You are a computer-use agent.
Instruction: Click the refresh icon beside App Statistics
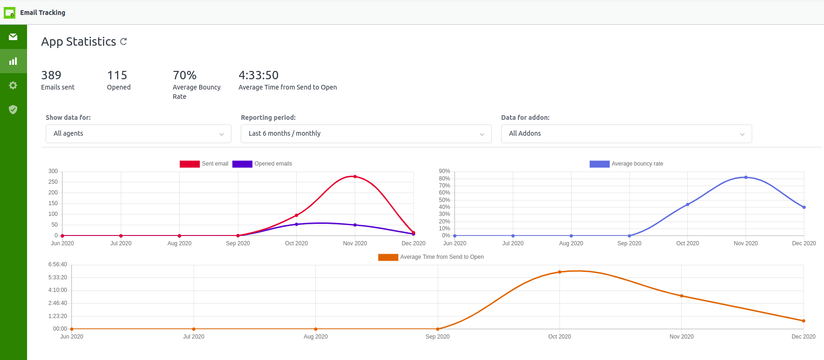[x=124, y=42]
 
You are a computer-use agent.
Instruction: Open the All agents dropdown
[x=138, y=134]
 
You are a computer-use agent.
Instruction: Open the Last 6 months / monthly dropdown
[x=366, y=134]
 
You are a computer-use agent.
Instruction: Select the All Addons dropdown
[x=626, y=134]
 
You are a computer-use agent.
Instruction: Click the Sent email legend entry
[x=204, y=164]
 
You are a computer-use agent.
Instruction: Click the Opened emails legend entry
[x=262, y=164]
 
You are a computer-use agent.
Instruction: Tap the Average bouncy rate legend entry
[x=626, y=164]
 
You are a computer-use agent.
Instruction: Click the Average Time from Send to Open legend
[x=431, y=257]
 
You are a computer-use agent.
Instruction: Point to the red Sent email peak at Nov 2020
[x=355, y=177]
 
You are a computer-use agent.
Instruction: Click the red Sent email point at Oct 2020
[x=296, y=215]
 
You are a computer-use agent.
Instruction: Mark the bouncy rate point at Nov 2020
[x=746, y=177]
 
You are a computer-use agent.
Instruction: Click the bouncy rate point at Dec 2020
[x=804, y=208]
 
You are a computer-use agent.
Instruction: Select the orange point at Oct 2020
[x=559, y=272]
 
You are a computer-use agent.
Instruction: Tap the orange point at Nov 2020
[x=681, y=296]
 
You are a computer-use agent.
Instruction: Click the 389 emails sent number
[x=51, y=76]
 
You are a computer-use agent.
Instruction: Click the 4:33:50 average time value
[x=258, y=76]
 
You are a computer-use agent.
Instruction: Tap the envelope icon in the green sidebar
[x=13, y=37]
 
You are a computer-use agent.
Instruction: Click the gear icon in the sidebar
[x=13, y=85]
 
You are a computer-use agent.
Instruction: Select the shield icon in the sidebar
[x=13, y=110]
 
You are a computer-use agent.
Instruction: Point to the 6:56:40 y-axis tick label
[x=57, y=264]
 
